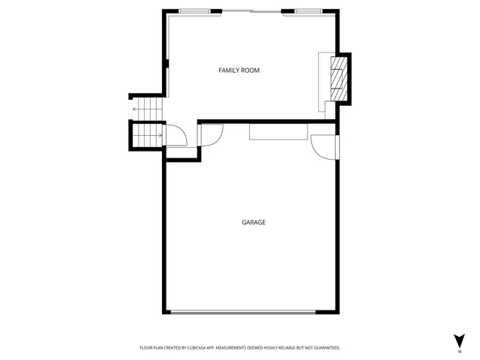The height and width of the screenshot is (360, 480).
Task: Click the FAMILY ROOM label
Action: coord(238,70)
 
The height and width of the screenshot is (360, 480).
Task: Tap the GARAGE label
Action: coord(253,222)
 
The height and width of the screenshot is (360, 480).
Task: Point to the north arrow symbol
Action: coord(459,340)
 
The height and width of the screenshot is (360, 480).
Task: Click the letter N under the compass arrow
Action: coord(459,350)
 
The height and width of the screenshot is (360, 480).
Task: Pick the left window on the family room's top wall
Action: coord(194,11)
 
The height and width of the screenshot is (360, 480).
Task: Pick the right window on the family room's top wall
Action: coord(307,11)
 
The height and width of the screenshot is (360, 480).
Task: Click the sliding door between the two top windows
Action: coord(250,11)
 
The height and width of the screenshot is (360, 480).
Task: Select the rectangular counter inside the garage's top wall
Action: coord(277,132)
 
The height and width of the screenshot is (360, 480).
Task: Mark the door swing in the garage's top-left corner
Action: coord(211,134)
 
